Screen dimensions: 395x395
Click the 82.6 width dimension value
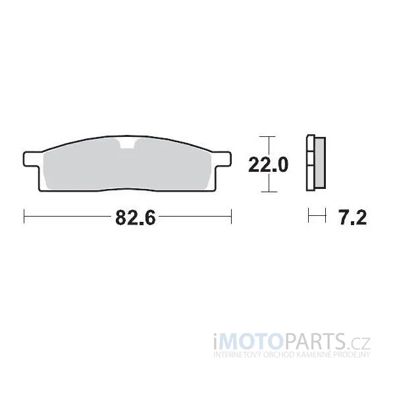coord(136,217)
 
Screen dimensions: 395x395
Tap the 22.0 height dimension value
coord(268,165)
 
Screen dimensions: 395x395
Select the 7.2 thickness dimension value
coord(353,217)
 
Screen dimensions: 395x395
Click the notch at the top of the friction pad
coord(128,144)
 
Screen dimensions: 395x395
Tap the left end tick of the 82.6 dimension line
coord(24,216)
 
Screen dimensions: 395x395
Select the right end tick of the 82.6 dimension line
coord(231,216)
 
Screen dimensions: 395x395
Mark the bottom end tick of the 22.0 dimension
coord(269,192)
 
